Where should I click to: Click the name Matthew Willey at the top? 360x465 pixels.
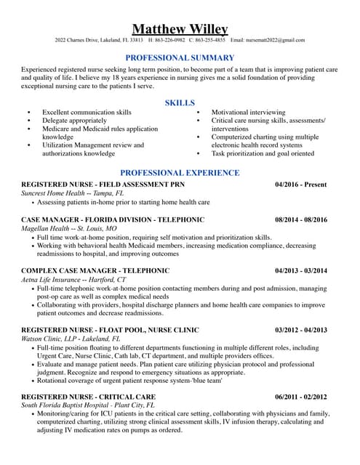(180, 28)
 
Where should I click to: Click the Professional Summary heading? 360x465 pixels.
(180, 57)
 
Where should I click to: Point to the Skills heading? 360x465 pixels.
(180, 103)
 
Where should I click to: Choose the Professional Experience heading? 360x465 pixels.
(180, 173)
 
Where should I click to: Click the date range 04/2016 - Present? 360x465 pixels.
(301, 185)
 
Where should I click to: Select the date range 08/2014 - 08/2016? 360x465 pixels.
(301, 219)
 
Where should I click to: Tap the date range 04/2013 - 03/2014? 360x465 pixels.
(301, 270)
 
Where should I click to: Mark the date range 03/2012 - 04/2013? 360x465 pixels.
(301, 330)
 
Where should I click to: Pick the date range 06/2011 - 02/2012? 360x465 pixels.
(301, 397)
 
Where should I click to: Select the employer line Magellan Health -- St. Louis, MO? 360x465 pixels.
(69, 228)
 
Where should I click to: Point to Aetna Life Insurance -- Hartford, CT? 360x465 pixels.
(73, 279)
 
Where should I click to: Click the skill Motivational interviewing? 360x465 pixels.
(248, 113)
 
